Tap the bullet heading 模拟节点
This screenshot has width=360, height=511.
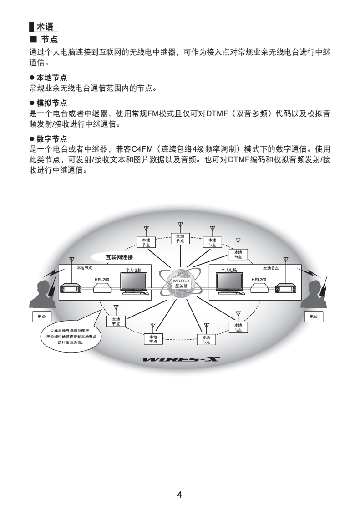(51, 103)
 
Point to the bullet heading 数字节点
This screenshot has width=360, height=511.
(51, 138)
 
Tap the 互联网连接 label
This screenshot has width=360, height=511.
(119, 257)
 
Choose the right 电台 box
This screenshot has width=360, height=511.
(314, 316)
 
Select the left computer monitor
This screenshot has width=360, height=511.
(134, 283)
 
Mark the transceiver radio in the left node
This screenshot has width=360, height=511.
(71, 289)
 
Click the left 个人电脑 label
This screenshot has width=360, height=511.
(133, 270)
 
